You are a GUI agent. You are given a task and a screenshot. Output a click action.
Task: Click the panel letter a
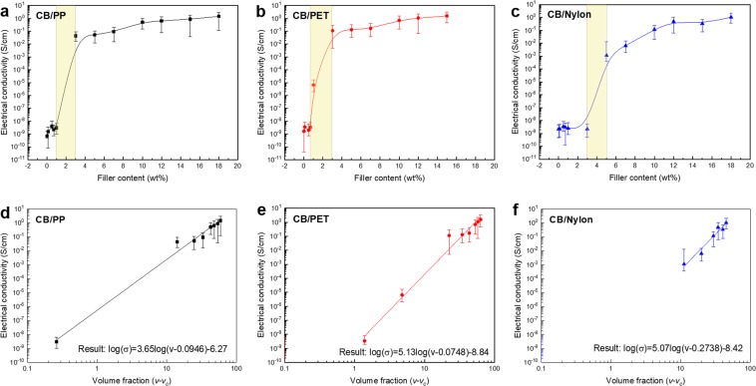(5, 8)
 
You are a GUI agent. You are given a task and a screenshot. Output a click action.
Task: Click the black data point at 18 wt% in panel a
(218, 16)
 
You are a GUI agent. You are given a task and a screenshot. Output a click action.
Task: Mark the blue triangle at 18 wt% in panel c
(731, 17)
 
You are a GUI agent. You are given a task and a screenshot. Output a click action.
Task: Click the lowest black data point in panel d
(56, 341)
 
